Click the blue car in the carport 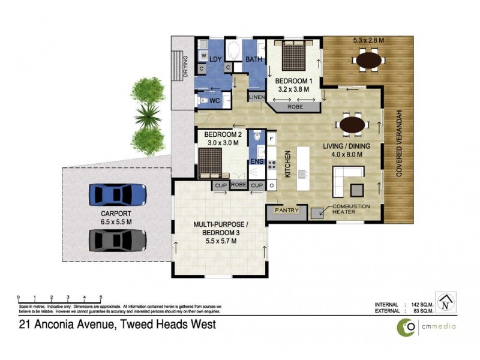pos(118,194)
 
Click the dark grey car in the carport pos(118,240)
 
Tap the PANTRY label pos(287,211)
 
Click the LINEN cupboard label pos(256,97)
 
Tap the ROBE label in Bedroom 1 pos(295,107)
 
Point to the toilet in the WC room pos(202,100)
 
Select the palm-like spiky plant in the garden pos(146,112)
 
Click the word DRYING pos(185,66)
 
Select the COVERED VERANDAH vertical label pos(398,146)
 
